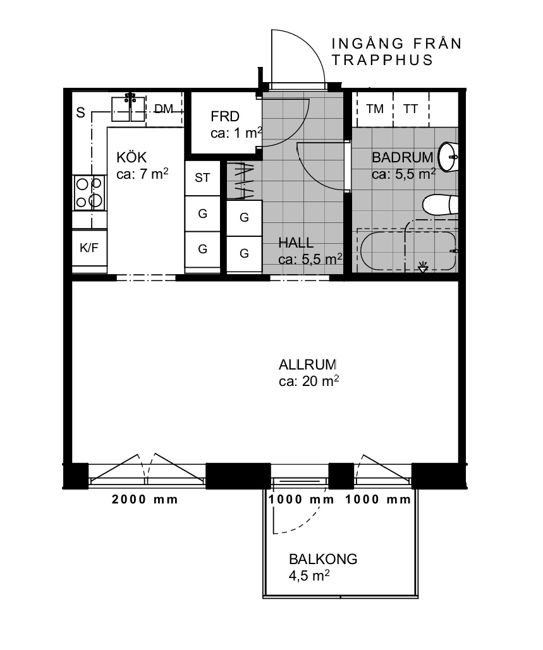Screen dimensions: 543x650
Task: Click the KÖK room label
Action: click(x=131, y=157)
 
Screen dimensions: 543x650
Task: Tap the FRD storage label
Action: click(x=225, y=116)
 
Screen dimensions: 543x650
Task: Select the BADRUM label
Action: click(x=403, y=157)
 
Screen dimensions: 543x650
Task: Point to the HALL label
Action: click(x=296, y=243)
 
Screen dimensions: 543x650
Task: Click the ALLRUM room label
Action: click(x=307, y=365)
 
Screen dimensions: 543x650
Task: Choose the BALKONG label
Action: click(x=323, y=559)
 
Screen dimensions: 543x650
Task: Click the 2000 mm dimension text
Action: click(x=145, y=499)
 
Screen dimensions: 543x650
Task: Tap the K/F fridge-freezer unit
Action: click(x=90, y=248)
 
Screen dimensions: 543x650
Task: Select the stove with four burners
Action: click(x=90, y=193)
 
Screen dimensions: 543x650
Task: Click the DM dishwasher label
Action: click(x=164, y=109)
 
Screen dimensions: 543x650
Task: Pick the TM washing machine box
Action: click(x=375, y=109)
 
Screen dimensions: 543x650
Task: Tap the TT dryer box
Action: click(x=411, y=109)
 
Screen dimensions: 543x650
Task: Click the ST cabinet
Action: click(x=202, y=178)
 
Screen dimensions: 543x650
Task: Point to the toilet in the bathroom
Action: click(x=440, y=205)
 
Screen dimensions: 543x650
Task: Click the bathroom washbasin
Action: click(x=448, y=157)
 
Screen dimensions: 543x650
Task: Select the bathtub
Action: click(x=408, y=251)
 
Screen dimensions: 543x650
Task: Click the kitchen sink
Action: click(x=128, y=109)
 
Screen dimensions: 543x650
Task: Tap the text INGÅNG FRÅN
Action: click(x=396, y=43)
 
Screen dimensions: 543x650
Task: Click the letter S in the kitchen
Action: click(x=80, y=112)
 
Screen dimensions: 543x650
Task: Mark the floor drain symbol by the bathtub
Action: click(x=423, y=267)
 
